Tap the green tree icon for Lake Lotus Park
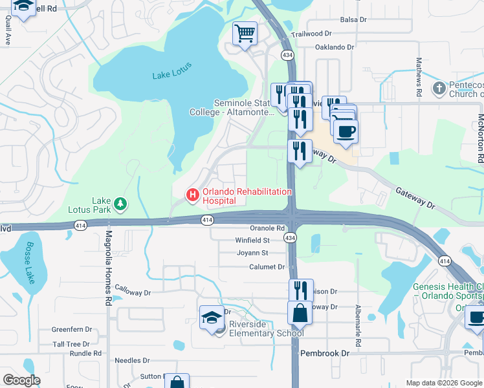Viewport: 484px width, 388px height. point(120,205)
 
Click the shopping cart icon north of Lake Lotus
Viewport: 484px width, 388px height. point(245,32)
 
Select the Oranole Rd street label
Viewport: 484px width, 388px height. point(267,228)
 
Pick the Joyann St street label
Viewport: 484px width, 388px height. point(252,253)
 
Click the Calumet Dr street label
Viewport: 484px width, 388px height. point(267,266)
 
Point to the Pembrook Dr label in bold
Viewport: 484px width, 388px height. point(325,354)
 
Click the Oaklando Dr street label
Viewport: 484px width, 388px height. point(335,47)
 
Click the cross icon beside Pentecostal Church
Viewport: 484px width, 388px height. point(439,87)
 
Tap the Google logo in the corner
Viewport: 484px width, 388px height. point(21,380)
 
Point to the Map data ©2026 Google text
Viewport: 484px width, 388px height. point(444,383)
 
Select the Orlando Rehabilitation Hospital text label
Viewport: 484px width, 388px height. point(247,196)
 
